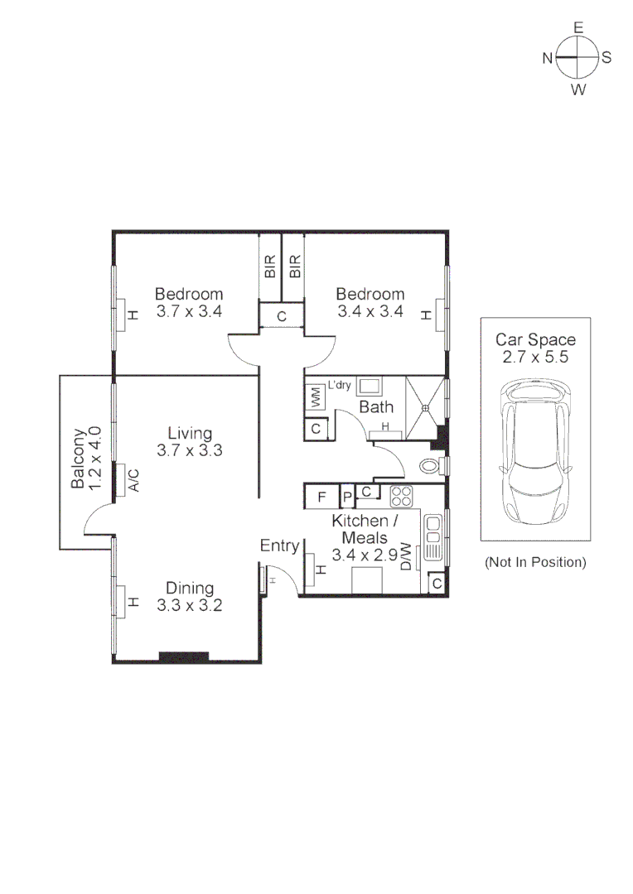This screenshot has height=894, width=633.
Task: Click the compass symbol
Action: coord(577,57)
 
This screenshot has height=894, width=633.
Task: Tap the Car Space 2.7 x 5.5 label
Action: coord(535,348)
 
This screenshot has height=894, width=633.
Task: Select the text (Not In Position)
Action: coord(535,562)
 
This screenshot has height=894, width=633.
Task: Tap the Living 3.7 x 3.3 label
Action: coord(190,442)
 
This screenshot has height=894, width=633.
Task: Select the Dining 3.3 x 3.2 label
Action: coord(190,596)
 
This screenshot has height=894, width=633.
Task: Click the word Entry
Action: coord(279,546)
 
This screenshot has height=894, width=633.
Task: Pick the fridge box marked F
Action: coord(321,497)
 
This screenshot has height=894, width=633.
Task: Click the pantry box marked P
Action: coord(348,497)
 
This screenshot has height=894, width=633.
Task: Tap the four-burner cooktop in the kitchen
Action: coord(402,497)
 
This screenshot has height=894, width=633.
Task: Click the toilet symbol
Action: coord(431,466)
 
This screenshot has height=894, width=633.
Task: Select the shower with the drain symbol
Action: coord(425,406)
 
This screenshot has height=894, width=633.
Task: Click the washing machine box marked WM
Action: coord(315,397)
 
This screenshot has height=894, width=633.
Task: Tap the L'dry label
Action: coord(340,385)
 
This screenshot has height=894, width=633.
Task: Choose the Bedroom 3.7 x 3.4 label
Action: coord(190,303)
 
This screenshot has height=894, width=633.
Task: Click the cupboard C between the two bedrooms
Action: coord(282,315)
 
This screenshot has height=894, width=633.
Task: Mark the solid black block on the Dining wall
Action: coord(183,657)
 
